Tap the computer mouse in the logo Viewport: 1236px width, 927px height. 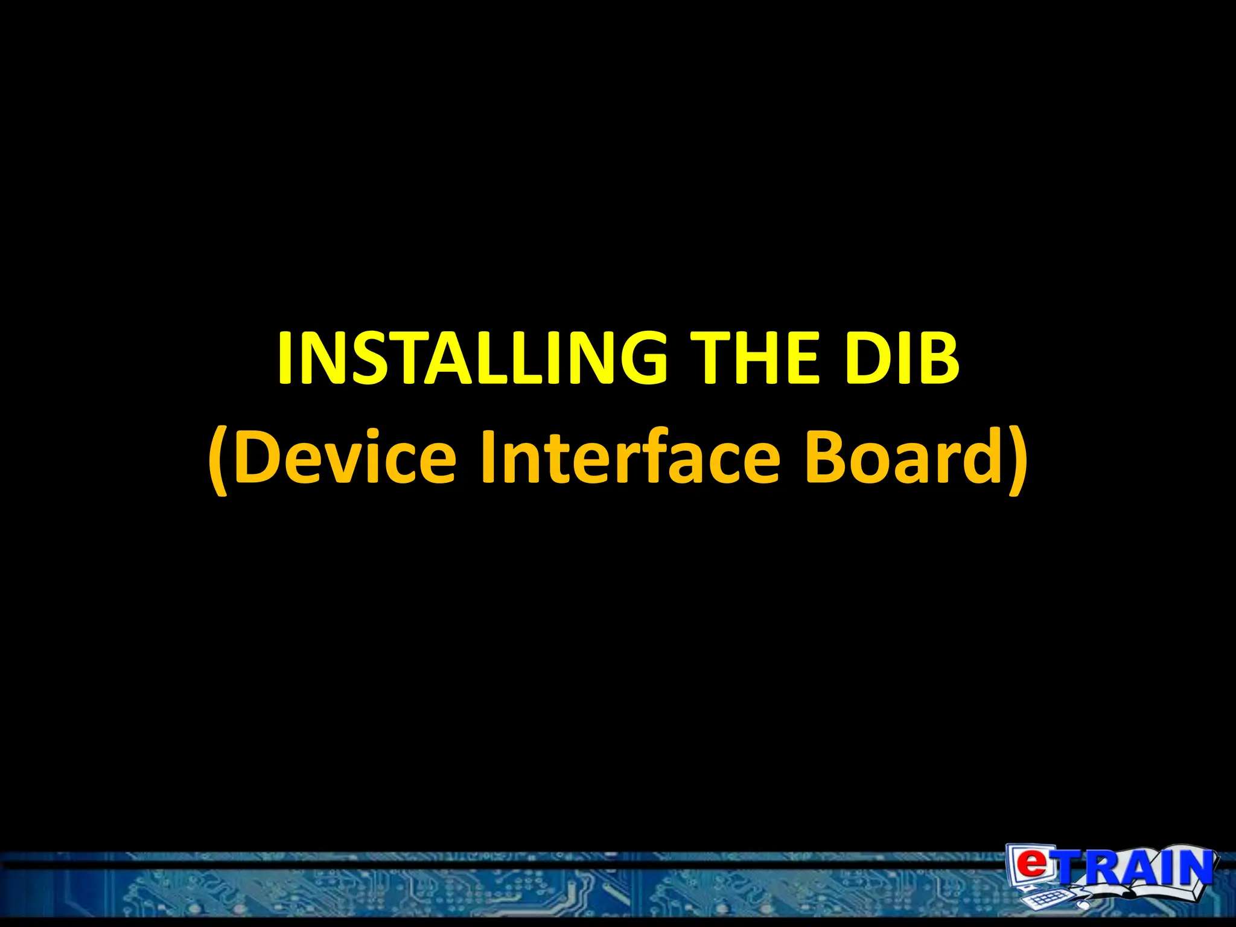tap(1080, 905)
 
